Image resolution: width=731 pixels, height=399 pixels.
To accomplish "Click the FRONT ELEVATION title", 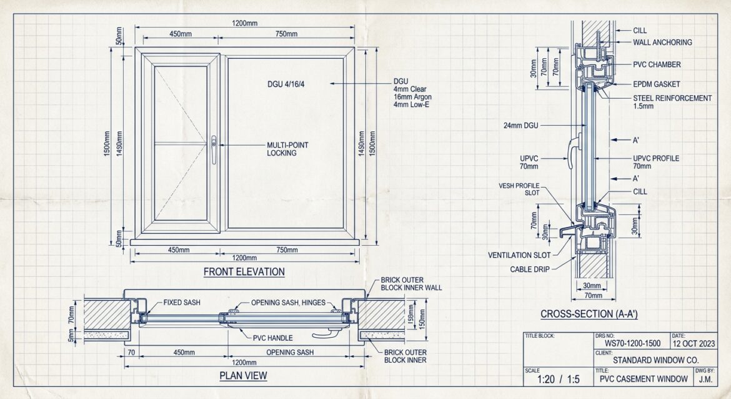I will (244, 272).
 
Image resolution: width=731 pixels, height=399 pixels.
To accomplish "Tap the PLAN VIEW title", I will (243, 376).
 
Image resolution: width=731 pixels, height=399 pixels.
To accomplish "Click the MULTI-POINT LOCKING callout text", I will (287, 149).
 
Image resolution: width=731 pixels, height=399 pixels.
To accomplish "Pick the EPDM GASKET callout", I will (657, 84).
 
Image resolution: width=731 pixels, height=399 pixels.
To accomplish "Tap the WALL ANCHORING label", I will (662, 43).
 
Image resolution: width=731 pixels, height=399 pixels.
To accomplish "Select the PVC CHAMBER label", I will (657, 64).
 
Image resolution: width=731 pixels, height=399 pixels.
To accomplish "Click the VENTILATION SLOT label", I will (519, 255).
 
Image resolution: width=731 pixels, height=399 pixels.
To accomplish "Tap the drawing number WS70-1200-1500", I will (631, 343).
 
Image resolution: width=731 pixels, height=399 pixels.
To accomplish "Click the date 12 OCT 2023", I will (694, 343).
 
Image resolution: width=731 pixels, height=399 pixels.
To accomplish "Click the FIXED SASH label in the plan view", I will (182, 303).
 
